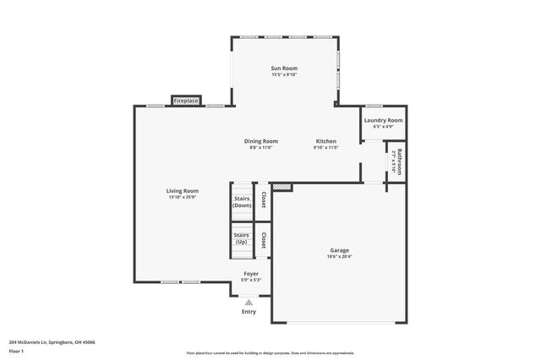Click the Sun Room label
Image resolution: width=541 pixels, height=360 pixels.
pos(284,68)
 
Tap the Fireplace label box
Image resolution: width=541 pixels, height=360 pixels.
pos(186,101)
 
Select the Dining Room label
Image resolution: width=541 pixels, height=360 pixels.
pos(261,141)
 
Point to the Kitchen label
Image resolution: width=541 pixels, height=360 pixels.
pos(326,141)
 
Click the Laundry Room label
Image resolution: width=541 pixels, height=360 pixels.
pos(383,120)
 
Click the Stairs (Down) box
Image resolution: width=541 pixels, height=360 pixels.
pos(242,202)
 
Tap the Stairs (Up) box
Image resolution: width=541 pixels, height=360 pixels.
pos(242,239)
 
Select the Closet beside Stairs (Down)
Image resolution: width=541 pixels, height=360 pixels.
pos(264,200)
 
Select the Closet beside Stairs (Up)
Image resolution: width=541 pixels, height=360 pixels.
pos(264,240)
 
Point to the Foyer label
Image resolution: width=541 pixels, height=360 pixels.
pos(251,273)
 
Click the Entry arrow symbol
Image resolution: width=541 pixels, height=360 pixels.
pos(249,301)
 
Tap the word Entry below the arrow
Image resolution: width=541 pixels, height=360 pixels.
pos(249,311)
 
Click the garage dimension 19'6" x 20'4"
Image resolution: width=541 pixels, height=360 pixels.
pos(339,257)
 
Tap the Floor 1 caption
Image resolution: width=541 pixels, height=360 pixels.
pos(16,351)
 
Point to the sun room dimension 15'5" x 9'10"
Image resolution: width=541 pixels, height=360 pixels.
pos(284,74)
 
